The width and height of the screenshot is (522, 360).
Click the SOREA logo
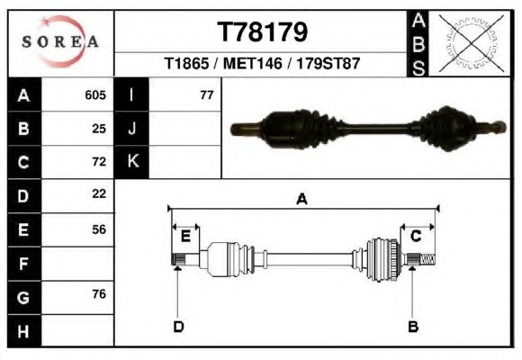pos(60,41)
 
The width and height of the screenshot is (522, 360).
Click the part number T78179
pos(262,32)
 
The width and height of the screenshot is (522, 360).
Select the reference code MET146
pos(252,63)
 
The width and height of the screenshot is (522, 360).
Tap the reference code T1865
pos(186,63)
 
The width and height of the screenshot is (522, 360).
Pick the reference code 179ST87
pos(328,63)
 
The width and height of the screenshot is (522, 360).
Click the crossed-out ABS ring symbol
pos(471,43)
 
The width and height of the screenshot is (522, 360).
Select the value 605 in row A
pos(95,95)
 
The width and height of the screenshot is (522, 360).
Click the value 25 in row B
pos(99,129)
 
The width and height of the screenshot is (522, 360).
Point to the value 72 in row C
pos(99,161)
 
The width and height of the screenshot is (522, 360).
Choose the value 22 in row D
pos(99,193)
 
